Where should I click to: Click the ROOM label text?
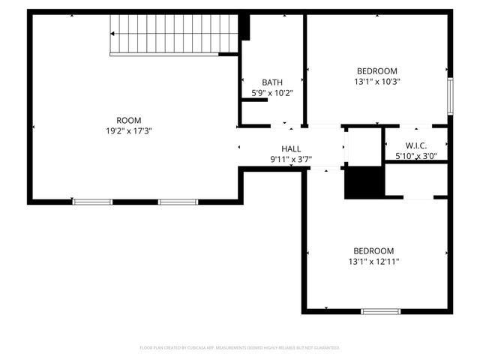tap(128, 121)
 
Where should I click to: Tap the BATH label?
tap(271, 82)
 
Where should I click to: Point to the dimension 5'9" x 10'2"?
tap(271, 93)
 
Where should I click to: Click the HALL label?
tap(291, 148)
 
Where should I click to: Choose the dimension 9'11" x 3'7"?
tap(291, 159)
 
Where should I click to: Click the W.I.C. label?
tap(416, 145)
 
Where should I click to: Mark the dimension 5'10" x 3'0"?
tap(416, 156)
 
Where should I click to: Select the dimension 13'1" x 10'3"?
tap(377, 82)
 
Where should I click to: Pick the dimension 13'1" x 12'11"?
tap(373, 262)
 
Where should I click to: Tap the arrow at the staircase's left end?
tap(113, 34)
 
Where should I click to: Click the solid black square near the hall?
tap(364, 183)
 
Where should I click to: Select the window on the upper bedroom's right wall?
tap(450, 95)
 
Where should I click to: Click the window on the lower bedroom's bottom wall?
tap(381, 311)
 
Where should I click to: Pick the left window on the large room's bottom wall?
tap(92, 202)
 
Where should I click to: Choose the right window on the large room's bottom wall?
tap(178, 202)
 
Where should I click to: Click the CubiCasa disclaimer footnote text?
tap(240, 348)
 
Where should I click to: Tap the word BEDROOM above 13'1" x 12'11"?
tap(373, 251)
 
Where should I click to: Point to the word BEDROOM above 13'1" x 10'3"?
tap(377, 71)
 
